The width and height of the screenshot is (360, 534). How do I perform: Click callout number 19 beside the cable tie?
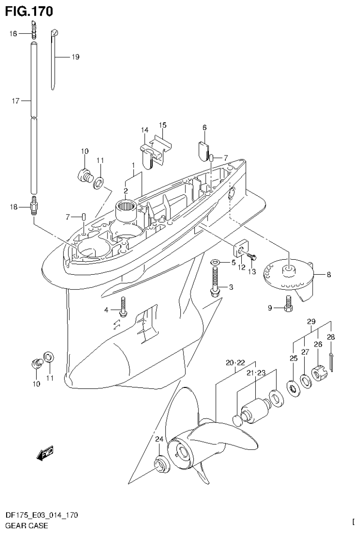(75, 57)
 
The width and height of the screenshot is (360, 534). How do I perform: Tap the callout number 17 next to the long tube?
(15, 101)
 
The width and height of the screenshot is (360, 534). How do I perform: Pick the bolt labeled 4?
(123, 307)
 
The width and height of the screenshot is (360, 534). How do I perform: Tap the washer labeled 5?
(214, 261)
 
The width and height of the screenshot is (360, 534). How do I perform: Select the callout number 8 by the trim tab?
(329, 275)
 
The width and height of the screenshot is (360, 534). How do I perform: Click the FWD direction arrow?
(45, 453)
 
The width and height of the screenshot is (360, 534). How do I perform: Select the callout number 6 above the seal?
(204, 127)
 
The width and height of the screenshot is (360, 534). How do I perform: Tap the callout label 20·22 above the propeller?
(235, 363)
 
